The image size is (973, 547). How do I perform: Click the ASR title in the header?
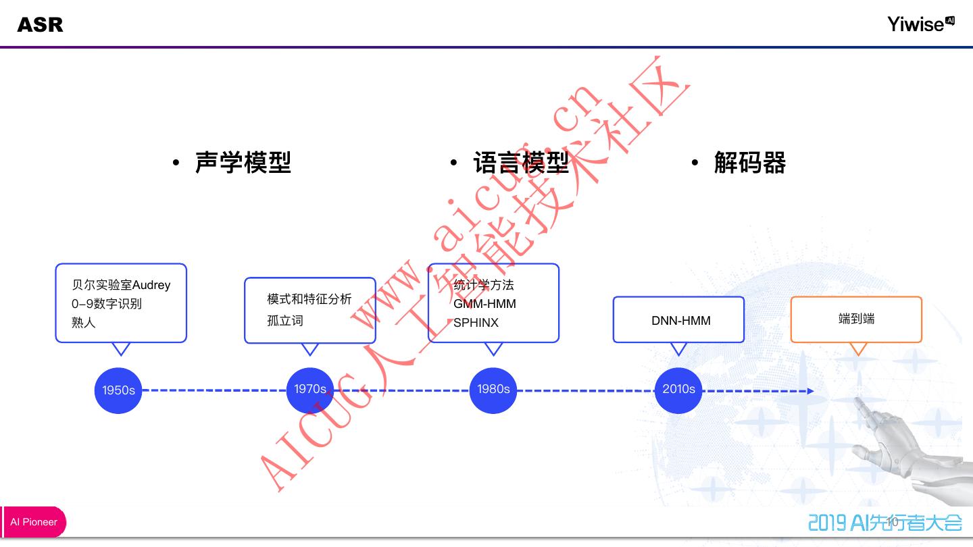point(40,25)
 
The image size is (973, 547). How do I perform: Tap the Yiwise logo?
point(920,24)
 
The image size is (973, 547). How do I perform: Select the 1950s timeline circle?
point(118,390)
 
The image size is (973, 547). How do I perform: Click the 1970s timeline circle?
point(310,390)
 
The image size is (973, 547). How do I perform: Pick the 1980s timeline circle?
point(493,390)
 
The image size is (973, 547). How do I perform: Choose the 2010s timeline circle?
point(678,390)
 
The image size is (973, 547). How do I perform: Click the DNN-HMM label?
point(680,321)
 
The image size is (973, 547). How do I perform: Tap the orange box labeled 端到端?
point(856,319)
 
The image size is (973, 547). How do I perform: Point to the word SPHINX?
point(476,323)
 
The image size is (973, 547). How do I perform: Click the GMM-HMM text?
point(484,304)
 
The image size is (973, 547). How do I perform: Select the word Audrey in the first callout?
point(151,285)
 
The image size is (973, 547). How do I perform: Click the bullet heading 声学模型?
point(243,163)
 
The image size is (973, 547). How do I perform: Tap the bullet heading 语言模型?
point(520,163)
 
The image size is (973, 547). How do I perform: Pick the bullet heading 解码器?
point(750,163)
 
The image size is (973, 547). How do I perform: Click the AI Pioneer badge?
point(34,522)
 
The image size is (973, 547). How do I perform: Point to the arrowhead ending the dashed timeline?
point(811,391)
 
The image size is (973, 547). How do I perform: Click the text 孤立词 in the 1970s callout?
point(285,320)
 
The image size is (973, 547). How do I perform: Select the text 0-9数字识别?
point(107,304)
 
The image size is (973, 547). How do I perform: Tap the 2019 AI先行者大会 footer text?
point(885,522)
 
